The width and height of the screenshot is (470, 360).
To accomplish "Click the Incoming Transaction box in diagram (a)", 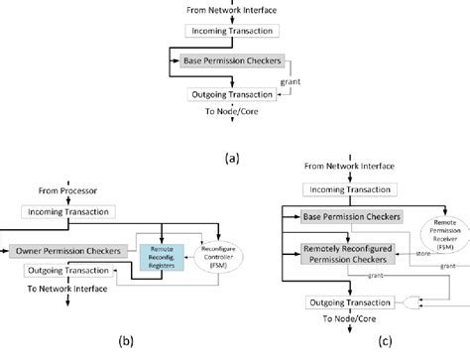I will coord(235,31).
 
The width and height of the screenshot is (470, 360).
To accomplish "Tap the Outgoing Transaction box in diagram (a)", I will coord(235,95).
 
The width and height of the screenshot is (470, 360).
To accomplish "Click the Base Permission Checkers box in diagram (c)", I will coord(347,216).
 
